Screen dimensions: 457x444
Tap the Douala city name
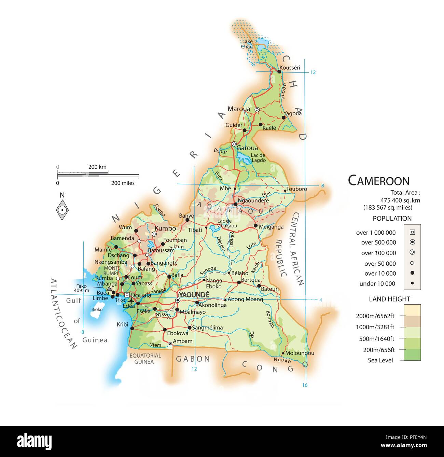coord(141,295)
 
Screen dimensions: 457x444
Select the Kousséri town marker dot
coord(279,72)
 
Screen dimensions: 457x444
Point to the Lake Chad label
coord(247,44)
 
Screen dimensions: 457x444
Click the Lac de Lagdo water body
coord(244,157)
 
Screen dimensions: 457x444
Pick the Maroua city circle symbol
coord(257,110)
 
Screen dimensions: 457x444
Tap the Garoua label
coord(247,148)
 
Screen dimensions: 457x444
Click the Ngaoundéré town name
coord(253,200)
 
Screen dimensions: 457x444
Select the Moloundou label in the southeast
coord(300,353)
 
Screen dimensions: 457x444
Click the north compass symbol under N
coord(62,210)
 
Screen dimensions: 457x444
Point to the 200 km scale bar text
coord(97,167)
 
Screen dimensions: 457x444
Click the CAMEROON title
coord(378,181)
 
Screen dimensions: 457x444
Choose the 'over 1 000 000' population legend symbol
coord(412,232)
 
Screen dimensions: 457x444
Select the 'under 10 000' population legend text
coord(377,283)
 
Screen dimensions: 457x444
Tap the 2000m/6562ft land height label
coord(375,316)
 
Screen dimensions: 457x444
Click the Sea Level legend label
coord(380,360)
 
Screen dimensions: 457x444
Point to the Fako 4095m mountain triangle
coord(109,289)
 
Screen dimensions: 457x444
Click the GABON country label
coord(193,359)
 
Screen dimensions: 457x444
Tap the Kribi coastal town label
coord(122,324)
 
